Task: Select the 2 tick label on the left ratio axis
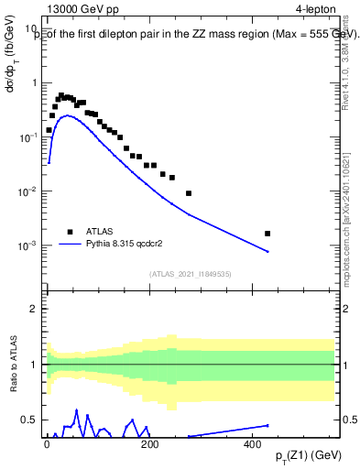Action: pyautogui.click(x=33, y=309)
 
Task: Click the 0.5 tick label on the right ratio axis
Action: pyautogui.click(x=349, y=420)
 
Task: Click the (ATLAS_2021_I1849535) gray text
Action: pyautogui.click(x=191, y=273)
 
